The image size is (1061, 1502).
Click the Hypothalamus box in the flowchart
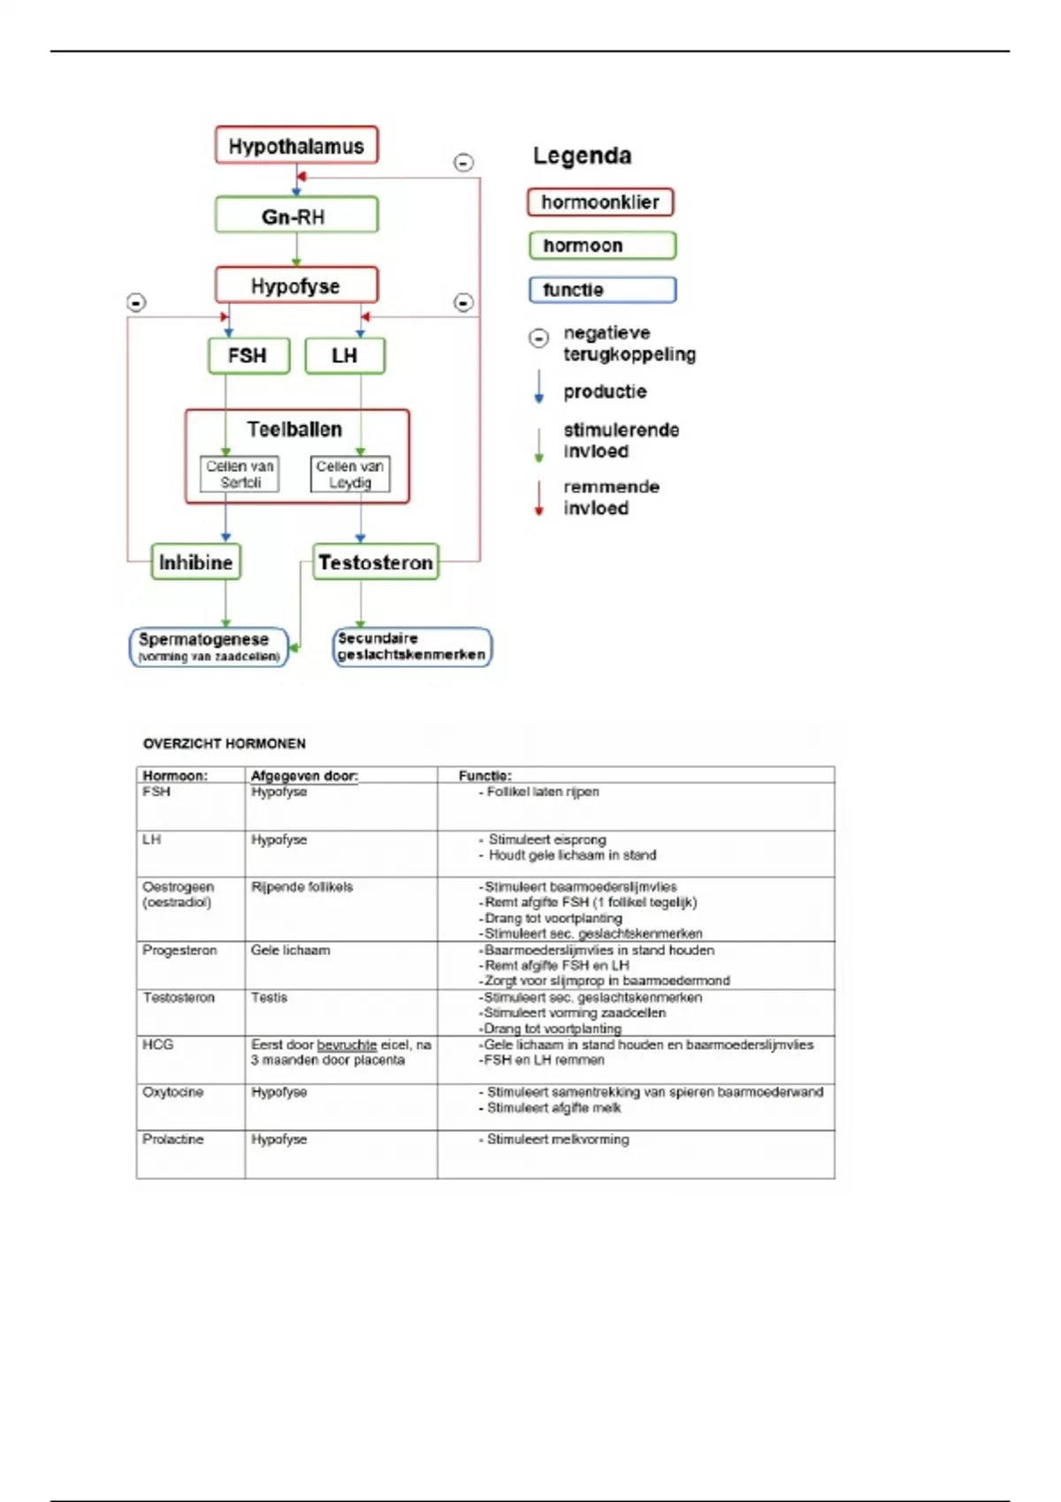(x=296, y=146)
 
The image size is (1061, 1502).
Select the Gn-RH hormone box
(x=296, y=216)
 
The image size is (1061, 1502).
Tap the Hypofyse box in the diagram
(x=296, y=285)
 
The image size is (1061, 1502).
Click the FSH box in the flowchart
(x=248, y=355)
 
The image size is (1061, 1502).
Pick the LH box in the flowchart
(x=345, y=355)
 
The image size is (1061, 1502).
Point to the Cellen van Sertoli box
(x=240, y=474)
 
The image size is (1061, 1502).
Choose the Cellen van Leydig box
(x=350, y=474)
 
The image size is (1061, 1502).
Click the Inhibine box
(x=195, y=562)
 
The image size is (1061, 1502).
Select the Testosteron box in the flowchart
(x=376, y=562)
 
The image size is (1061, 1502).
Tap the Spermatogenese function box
(x=210, y=647)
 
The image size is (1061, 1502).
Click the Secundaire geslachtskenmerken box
(x=412, y=647)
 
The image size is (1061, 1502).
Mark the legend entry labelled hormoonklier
(x=600, y=202)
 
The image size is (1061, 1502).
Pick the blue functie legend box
(x=602, y=290)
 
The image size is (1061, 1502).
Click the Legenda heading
(x=582, y=156)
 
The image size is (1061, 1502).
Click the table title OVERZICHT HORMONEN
(x=225, y=744)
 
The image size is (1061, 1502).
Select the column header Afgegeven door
(x=304, y=776)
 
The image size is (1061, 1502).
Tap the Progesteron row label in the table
(x=179, y=951)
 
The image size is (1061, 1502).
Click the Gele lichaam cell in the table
(x=290, y=951)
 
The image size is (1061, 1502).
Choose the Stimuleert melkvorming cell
(x=558, y=1140)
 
